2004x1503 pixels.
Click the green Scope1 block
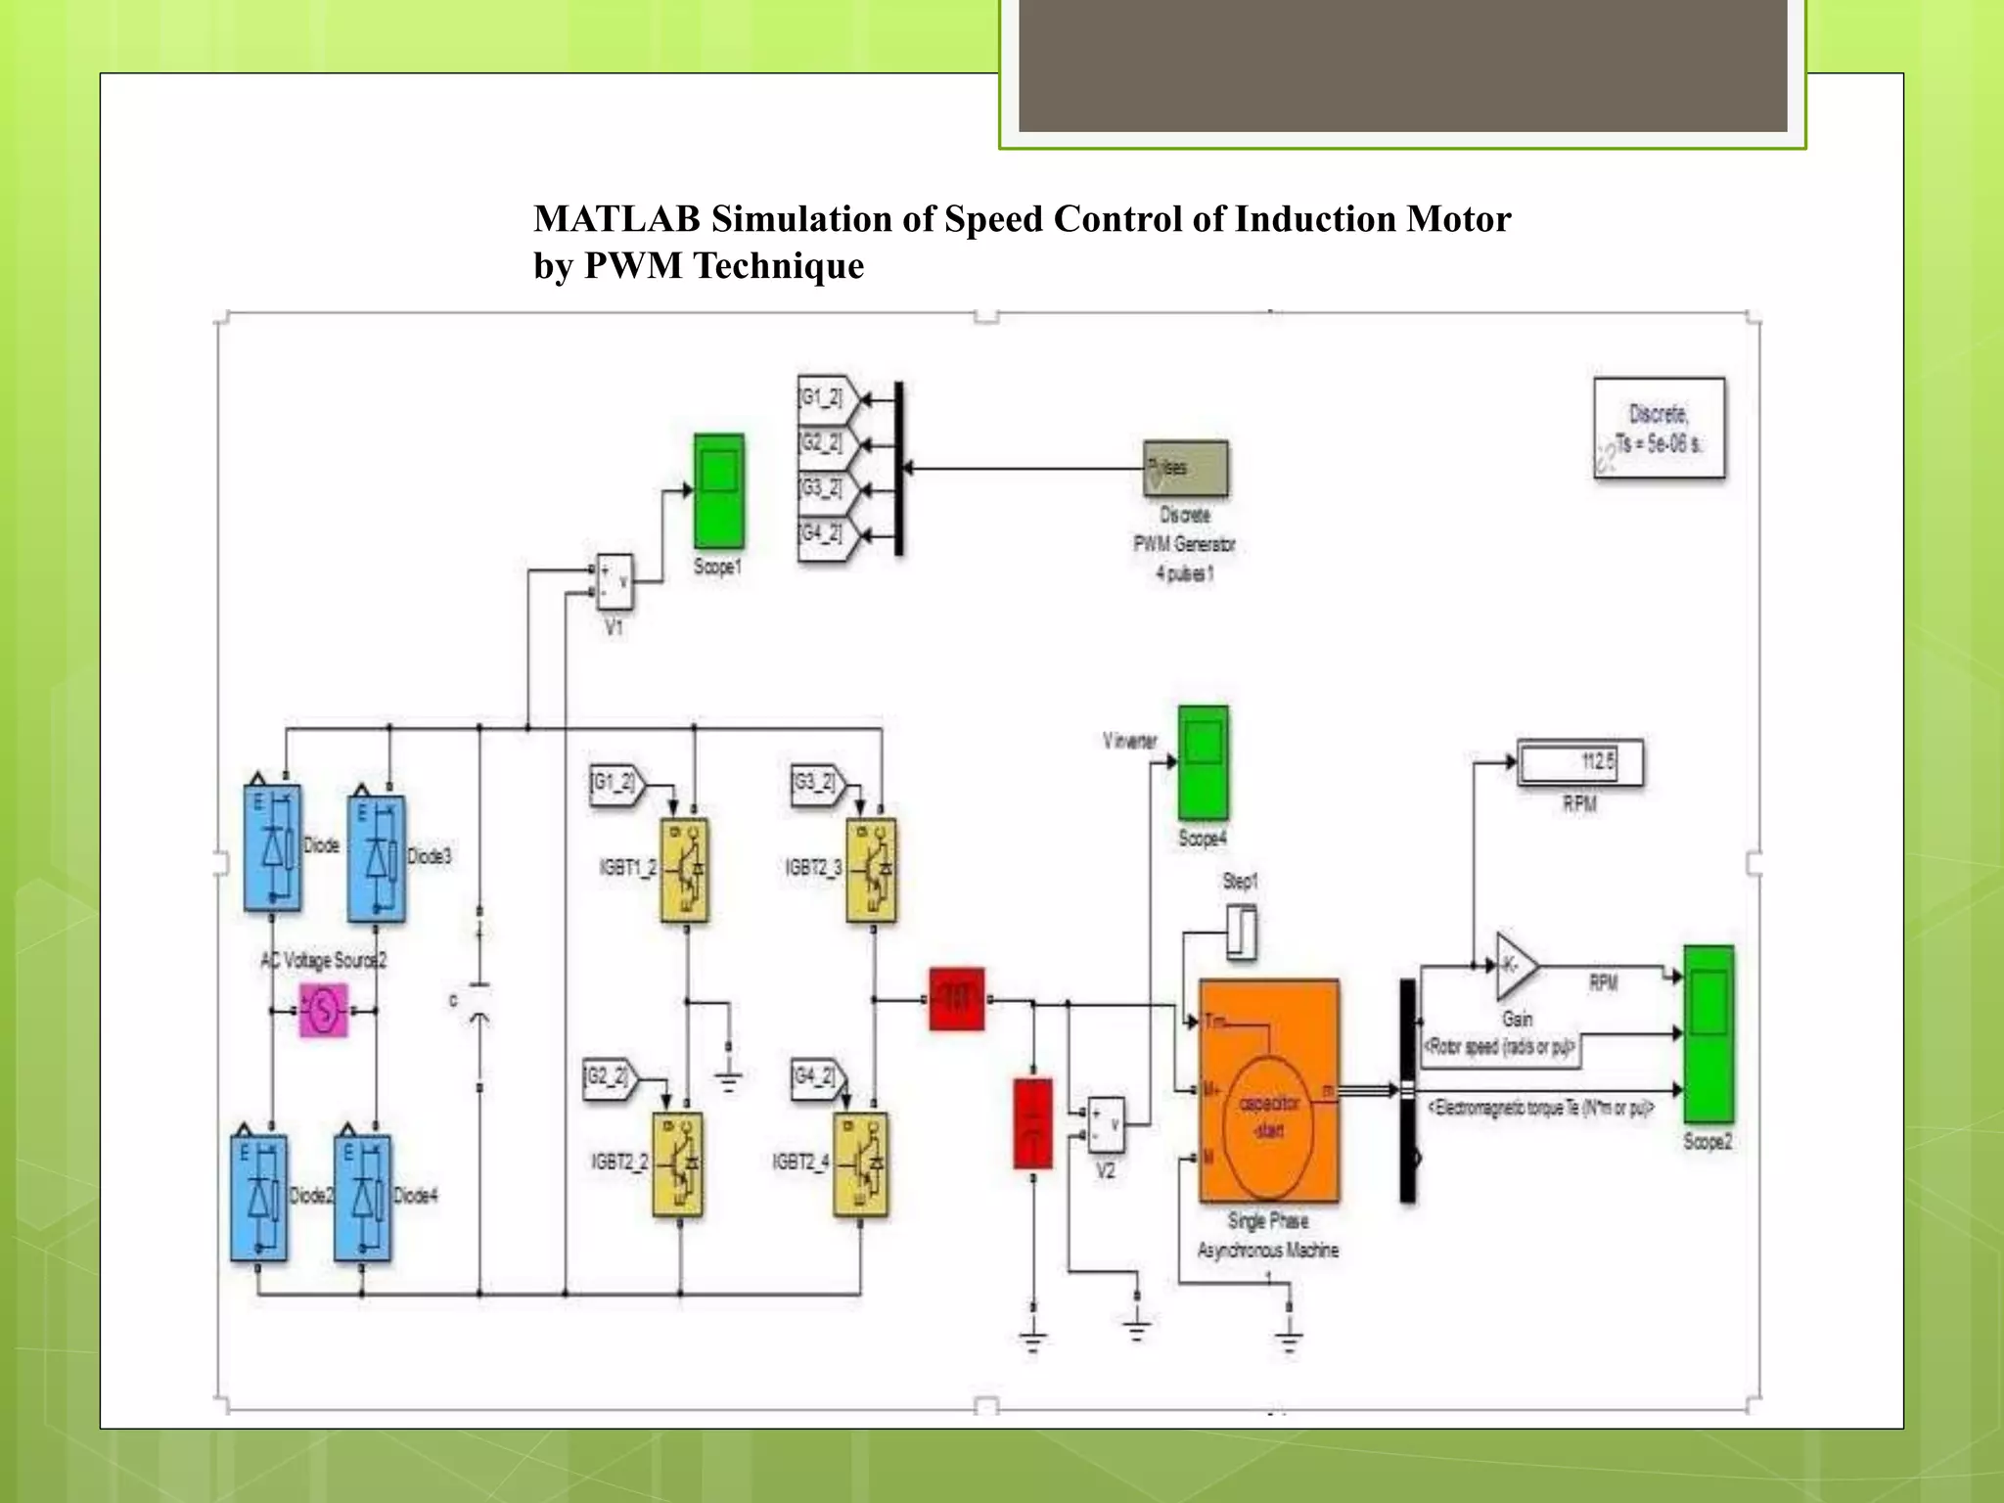pyautogui.click(x=719, y=491)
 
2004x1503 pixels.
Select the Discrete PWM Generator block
pyautogui.click(x=1186, y=469)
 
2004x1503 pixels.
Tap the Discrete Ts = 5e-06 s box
pyautogui.click(x=1660, y=429)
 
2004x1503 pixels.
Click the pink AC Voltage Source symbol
pyautogui.click(x=323, y=1010)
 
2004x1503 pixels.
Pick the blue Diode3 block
pyautogui.click(x=377, y=858)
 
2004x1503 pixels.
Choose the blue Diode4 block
pyautogui.click(x=363, y=1197)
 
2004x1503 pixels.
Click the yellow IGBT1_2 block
pyautogui.click(x=685, y=870)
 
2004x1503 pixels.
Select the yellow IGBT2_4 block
pyautogui.click(x=861, y=1163)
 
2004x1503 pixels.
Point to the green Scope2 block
pyautogui.click(x=1708, y=1034)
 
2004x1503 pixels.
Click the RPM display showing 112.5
pyautogui.click(x=1580, y=762)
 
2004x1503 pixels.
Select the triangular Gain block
pyautogui.click(x=1515, y=966)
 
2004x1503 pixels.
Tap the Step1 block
pyautogui.click(x=1242, y=932)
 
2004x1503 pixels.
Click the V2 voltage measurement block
pyautogui.click(x=1107, y=1125)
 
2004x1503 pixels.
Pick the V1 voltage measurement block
pyautogui.click(x=615, y=582)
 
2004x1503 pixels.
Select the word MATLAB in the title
pyautogui.click(x=616, y=219)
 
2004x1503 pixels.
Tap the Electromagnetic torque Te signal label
pyautogui.click(x=1541, y=1108)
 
